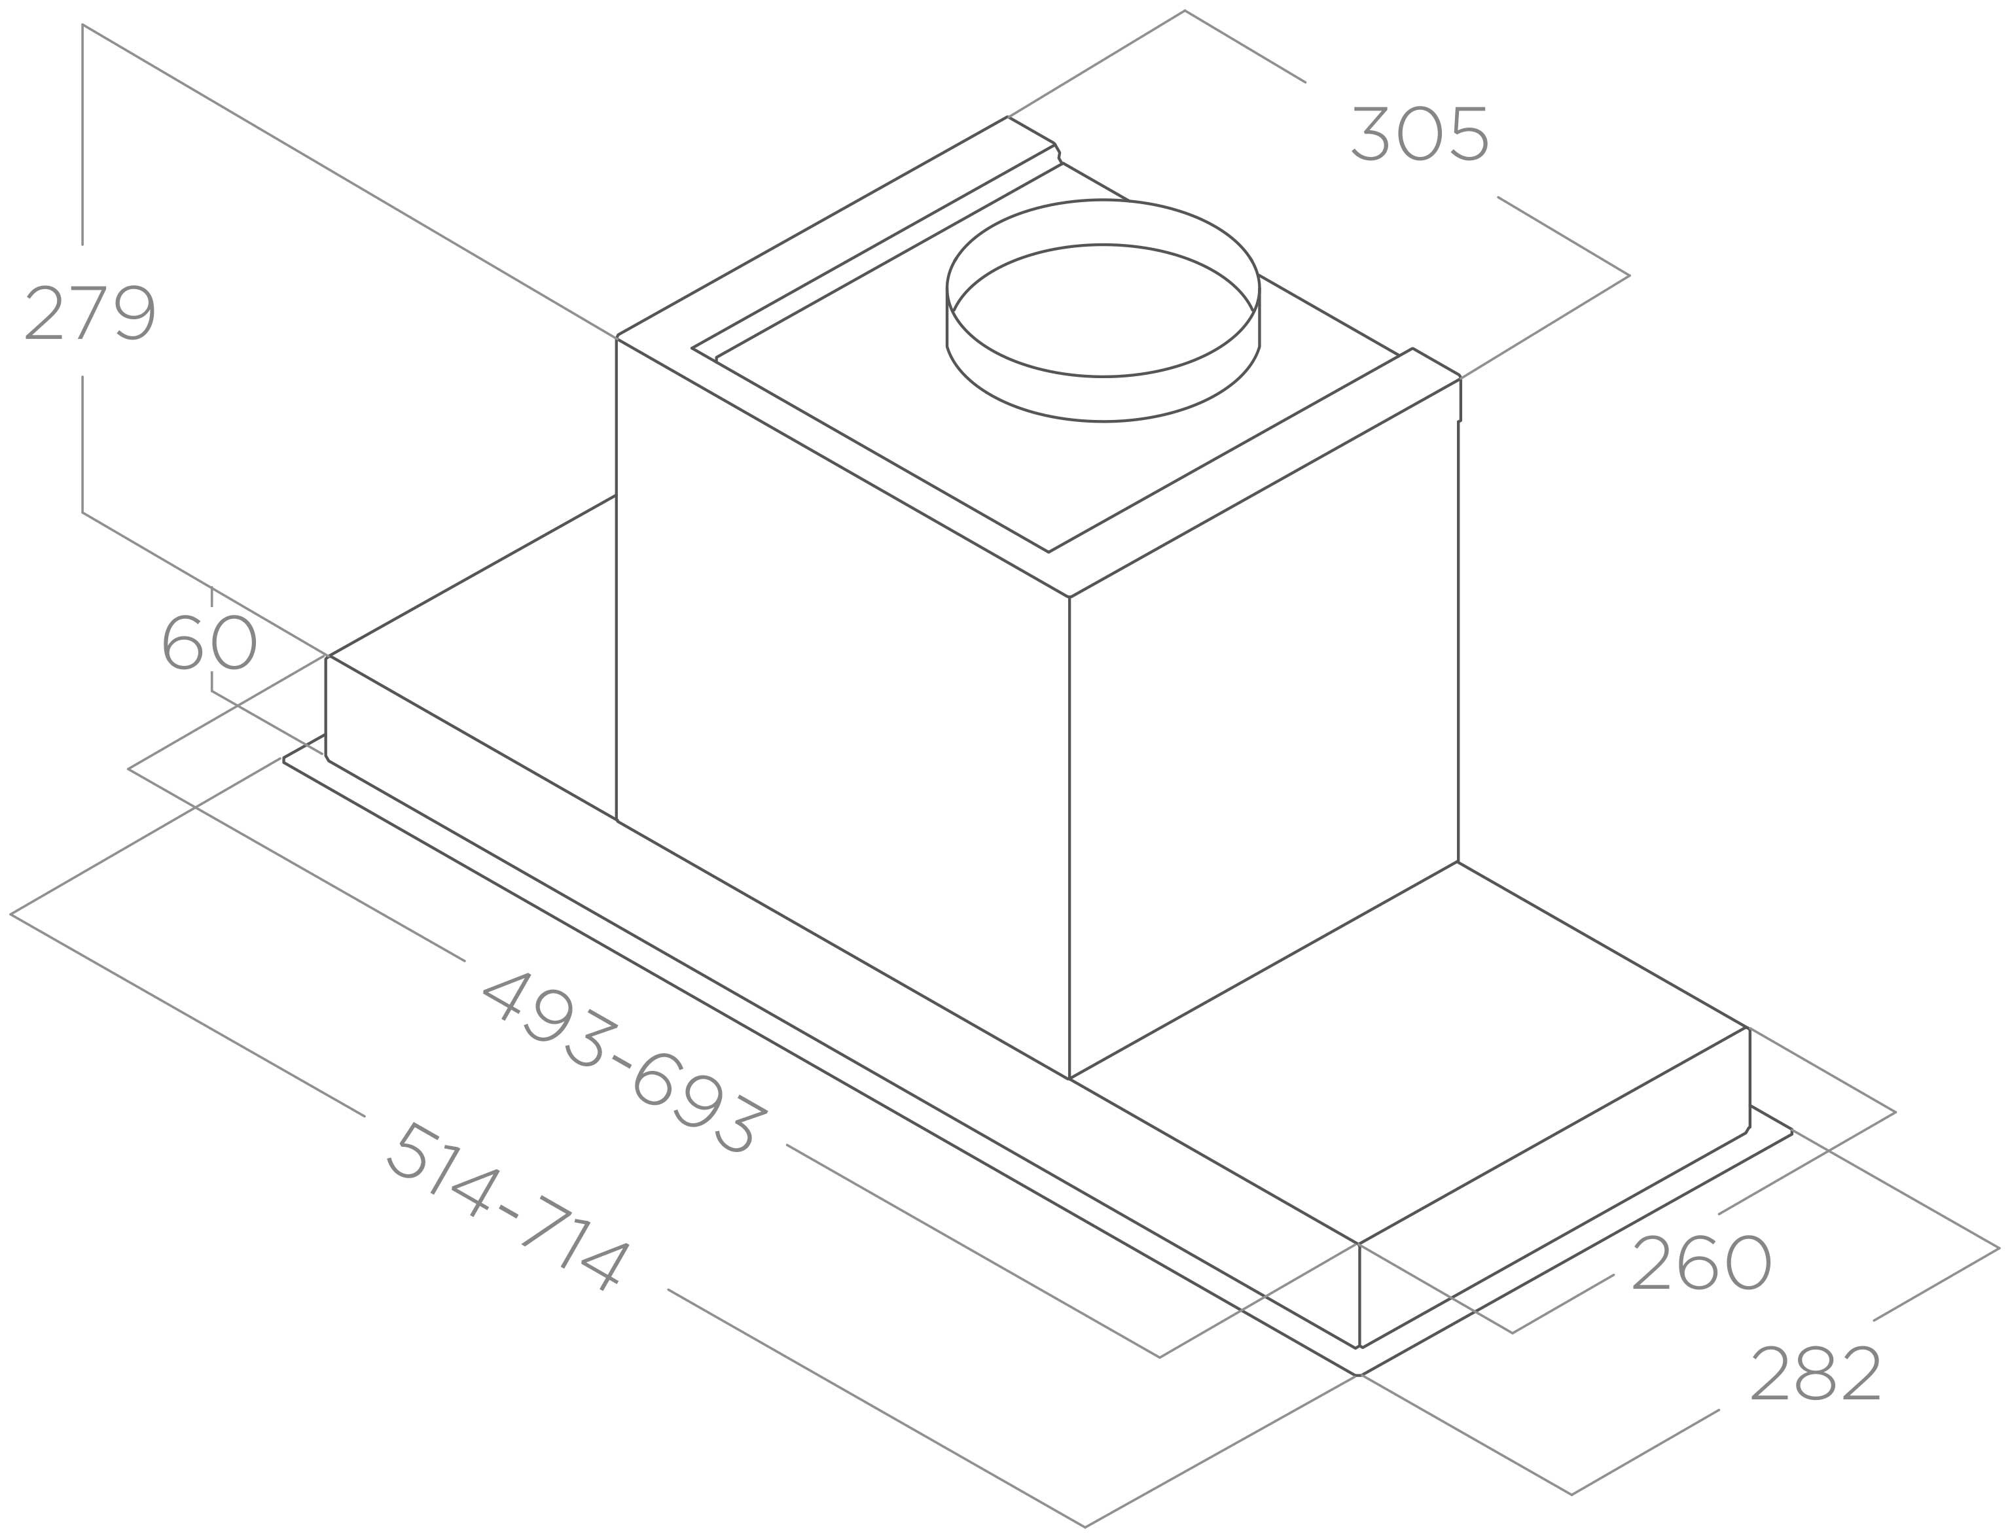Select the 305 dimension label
(1420, 135)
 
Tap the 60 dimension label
(209, 642)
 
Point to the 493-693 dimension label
(624, 1062)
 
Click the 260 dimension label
(1702, 1263)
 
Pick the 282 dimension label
(1815, 1373)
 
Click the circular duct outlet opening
(1103, 309)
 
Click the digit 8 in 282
(1815, 1373)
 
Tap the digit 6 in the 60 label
(183, 642)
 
